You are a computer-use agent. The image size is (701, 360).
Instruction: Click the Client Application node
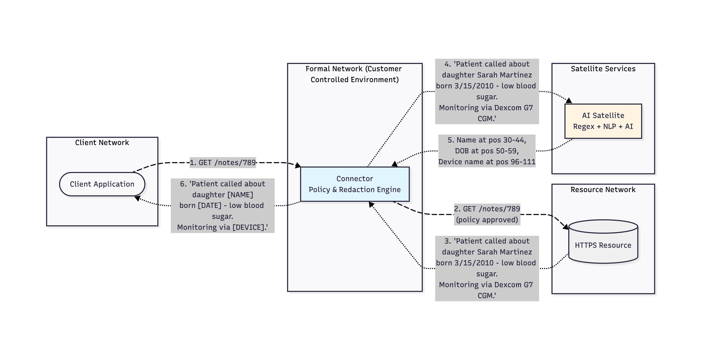(102, 184)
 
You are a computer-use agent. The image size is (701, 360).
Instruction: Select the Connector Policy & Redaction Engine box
(355, 184)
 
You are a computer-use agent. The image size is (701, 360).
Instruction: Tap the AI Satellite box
(603, 121)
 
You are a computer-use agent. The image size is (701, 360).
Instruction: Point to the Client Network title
(102, 142)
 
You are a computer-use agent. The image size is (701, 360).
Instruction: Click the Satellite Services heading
(603, 69)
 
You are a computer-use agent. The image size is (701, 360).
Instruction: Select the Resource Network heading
(603, 189)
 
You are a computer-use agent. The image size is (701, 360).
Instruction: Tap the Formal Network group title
(354, 74)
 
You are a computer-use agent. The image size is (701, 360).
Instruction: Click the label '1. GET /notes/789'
(223, 162)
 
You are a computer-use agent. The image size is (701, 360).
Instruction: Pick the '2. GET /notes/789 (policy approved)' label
(487, 214)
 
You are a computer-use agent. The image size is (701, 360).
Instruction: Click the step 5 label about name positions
(487, 151)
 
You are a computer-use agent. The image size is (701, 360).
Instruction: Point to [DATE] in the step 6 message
(210, 205)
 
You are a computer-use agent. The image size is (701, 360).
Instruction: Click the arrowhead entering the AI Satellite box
(569, 101)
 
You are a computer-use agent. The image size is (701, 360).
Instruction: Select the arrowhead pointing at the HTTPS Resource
(565, 227)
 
